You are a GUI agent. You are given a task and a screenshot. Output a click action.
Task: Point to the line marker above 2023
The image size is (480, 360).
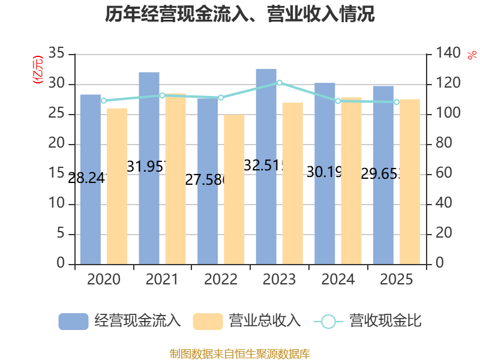point(279,82)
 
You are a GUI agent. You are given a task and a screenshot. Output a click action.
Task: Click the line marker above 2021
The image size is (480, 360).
point(162,95)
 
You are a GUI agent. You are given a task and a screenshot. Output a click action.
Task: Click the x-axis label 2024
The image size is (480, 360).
point(338,280)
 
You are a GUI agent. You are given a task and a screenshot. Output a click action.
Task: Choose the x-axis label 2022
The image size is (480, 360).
point(221,280)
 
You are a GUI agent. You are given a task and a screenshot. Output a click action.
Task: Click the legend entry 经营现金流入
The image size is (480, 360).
point(120,321)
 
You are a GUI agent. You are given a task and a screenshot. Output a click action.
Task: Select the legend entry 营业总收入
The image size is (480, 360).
point(247,321)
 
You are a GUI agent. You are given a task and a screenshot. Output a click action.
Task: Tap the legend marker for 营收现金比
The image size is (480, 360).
point(328,322)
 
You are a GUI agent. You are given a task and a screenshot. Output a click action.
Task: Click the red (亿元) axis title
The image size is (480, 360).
point(38,69)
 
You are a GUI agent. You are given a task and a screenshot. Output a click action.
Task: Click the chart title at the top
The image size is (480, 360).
point(240,14)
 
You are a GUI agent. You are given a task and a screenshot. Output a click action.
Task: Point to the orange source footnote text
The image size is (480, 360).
point(240,353)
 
